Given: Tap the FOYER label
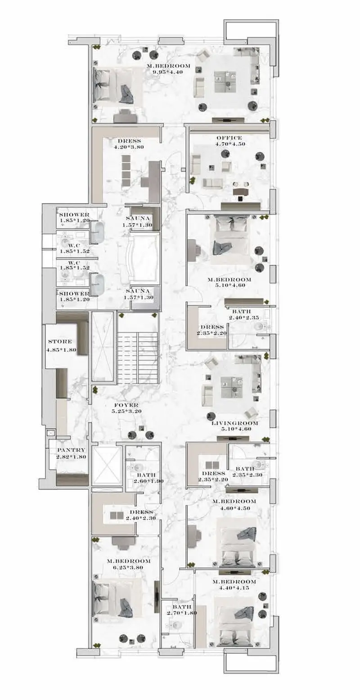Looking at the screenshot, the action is tap(126, 405).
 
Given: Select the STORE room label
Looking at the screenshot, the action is tap(60, 341).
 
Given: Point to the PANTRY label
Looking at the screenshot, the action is tap(71, 450).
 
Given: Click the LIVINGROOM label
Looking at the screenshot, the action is tap(235, 423).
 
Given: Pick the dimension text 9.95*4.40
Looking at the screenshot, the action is tap(167, 72).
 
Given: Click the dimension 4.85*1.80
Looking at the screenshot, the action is tap(62, 350).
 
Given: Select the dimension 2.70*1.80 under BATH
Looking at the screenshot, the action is tap(181, 613).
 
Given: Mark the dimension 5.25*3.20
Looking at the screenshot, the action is tap(126, 411).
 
